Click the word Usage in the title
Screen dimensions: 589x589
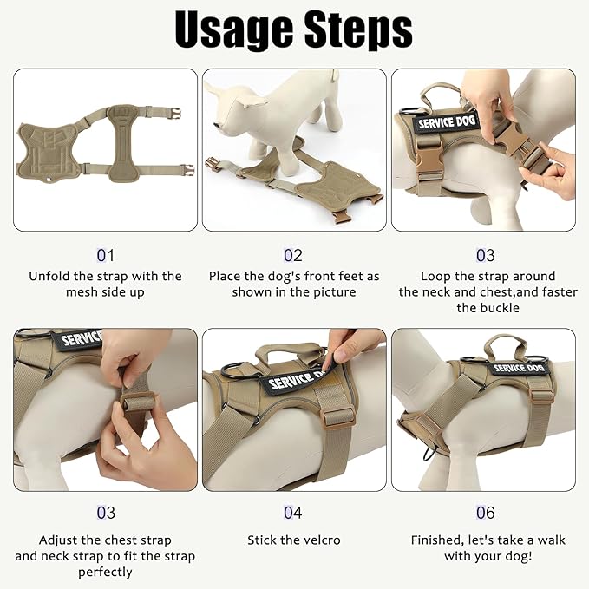point(233,30)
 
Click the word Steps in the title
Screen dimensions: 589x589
point(358,30)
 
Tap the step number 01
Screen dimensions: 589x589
point(106,255)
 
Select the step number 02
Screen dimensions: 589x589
point(293,255)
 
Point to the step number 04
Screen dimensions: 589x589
point(293,513)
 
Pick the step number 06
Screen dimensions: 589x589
point(486,513)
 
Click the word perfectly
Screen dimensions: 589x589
point(105,573)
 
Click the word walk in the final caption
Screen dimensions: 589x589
point(552,540)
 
